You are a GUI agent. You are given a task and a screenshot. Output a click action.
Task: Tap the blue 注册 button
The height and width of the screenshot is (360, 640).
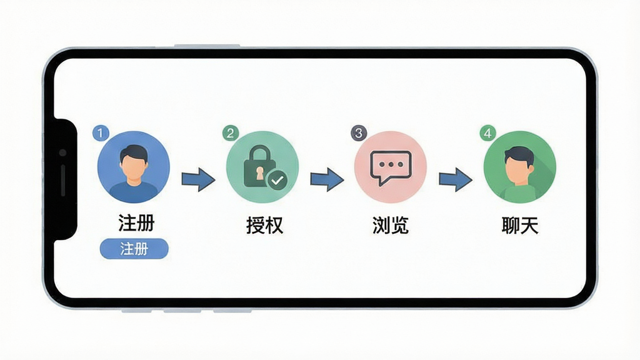pyautogui.click(x=134, y=249)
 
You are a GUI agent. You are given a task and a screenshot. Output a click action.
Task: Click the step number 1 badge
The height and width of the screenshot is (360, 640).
pyautogui.click(x=101, y=133)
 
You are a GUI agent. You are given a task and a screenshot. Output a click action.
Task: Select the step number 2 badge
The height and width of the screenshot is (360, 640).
pyautogui.click(x=230, y=133)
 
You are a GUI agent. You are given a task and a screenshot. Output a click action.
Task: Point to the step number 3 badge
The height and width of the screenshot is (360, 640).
pyautogui.click(x=359, y=133)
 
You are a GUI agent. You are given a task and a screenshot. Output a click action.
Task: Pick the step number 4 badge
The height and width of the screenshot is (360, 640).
pyautogui.click(x=487, y=133)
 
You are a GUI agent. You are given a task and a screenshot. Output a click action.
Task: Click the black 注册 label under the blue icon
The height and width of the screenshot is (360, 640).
pyautogui.click(x=136, y=223)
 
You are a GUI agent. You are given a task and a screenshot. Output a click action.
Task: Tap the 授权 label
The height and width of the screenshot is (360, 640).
pyautogui.click(x=264, y=225)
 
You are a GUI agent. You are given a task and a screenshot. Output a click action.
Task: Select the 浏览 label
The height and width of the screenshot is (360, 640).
pyautogui.click(x=391, y=225)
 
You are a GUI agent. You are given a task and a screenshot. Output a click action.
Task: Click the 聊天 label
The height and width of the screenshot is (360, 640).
pyautogui.click(x=520, y=225)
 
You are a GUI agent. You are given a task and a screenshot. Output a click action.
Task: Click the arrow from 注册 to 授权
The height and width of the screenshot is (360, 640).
pyautogui.click(x=198, y=179)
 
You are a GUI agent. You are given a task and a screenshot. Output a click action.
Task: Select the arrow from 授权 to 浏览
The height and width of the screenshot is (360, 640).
pyautogui.click(x=327, y=179)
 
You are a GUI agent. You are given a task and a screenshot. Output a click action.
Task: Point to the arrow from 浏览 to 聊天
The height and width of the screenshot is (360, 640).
pyautogui.click(x=456, y=179)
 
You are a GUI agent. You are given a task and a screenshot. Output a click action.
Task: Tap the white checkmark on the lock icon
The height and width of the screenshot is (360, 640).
pyautogui.click(x=277, y=180)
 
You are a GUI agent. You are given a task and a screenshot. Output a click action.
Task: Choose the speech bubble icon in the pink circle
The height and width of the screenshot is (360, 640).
pyautogui.click(x=391, y=167)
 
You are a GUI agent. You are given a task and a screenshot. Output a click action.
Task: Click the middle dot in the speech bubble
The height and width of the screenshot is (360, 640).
pyautogui.click(x=391, y=164)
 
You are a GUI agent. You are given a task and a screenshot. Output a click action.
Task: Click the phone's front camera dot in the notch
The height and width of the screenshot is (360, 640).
pyautogui.click(x=62, y=152)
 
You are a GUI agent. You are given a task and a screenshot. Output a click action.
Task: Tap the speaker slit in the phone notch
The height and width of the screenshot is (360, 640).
pyautogui.click(x=63, y=180)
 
